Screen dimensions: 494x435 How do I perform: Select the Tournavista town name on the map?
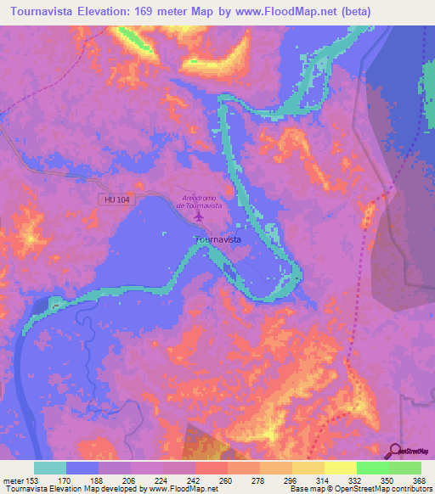(218, 240)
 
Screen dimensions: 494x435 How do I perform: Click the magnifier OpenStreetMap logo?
(396, 451)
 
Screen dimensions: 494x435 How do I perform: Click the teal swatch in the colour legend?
(50, 468)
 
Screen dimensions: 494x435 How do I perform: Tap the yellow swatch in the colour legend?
(341, 468)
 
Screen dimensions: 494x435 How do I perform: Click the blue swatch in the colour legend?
(82, 468)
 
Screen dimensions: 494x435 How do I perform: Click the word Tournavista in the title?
(45, 12)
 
